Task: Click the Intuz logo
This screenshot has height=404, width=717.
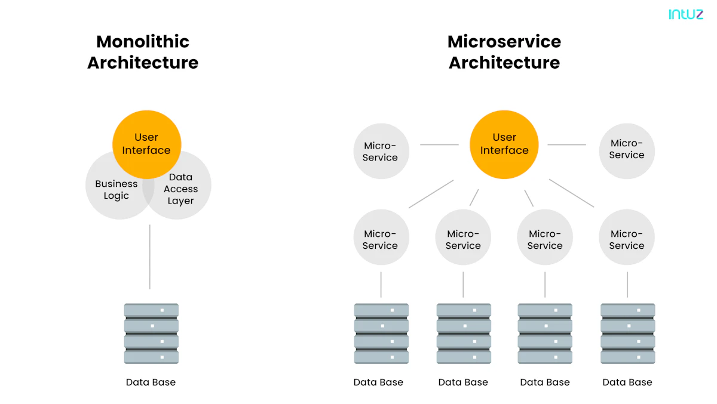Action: pos(685,14)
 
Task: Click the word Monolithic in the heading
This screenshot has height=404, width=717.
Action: pos(143,42)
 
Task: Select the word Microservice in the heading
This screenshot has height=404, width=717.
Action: pos(504,42)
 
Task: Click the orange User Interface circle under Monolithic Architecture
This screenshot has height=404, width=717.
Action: pos(146,144)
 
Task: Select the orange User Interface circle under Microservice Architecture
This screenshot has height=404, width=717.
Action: pos(504,144)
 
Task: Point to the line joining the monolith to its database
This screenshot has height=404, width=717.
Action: pos(149,257)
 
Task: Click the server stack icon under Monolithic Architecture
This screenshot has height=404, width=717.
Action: pos(151,334)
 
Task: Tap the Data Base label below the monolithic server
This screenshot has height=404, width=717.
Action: pos(151,382)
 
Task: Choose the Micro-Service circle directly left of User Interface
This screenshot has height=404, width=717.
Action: pos(380,151)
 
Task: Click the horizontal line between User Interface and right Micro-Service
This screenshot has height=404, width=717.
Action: pos(566,144)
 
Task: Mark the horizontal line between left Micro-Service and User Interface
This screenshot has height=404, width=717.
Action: pos(439,144)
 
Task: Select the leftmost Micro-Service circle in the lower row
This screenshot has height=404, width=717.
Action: pos(380,239)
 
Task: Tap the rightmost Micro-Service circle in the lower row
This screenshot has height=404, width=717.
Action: pos(627,239)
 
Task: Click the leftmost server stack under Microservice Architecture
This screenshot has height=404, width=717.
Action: pos(381,334)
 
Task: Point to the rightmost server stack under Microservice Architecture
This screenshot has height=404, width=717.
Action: pos(627,334)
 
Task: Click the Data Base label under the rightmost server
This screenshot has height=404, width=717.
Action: pos(627,382)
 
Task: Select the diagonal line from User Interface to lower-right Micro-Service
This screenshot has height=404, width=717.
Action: pos(571,193)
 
